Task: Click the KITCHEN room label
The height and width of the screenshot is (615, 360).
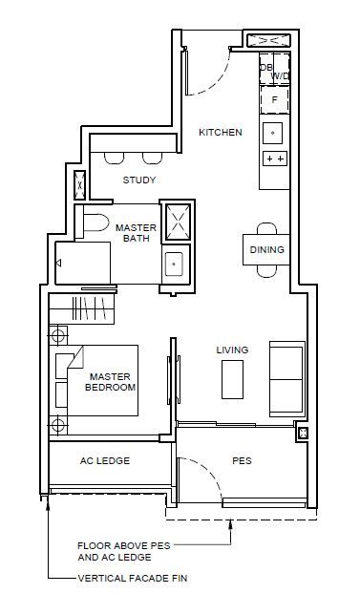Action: (221, 132)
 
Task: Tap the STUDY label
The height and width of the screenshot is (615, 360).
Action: (139, 180)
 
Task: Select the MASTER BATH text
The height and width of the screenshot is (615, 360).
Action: (137, 233)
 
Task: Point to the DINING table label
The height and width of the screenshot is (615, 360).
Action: (266, 250)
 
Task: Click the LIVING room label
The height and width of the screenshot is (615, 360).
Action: (233, 350)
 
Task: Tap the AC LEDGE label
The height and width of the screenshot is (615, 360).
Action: (105, 460)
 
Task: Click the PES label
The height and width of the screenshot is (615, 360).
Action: (242, 460)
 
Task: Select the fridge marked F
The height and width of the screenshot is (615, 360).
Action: (274, 100)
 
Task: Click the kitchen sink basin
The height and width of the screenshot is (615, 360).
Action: (272, 133)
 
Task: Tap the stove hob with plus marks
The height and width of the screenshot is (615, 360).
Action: (275, 159)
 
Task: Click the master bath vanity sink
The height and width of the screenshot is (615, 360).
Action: (174, 264)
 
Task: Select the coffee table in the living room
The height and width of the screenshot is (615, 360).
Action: (233, 379)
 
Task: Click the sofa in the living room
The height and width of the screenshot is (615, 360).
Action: (287, 379)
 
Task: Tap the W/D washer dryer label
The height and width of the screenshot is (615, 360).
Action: (281, 76)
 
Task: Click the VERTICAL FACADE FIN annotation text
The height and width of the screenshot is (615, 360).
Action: (133, 578)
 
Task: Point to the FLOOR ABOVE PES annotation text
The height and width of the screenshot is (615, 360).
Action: (124, 546)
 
